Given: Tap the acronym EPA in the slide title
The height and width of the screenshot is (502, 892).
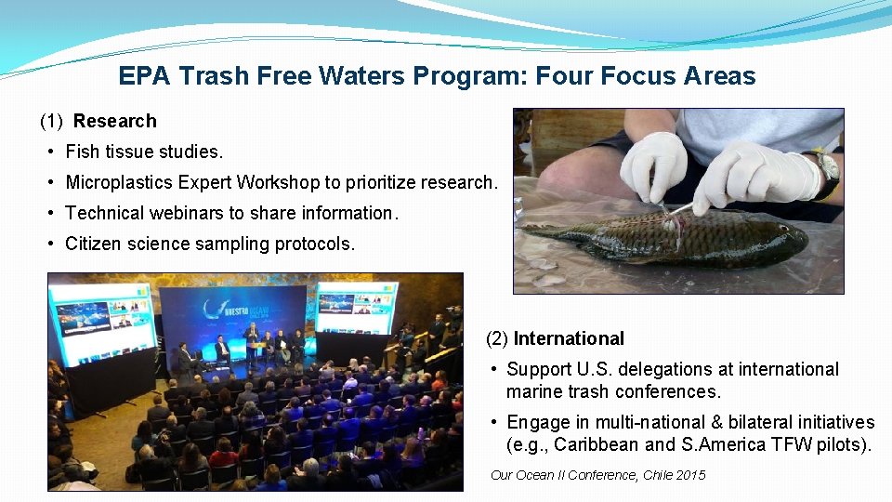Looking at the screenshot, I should click(144, 76).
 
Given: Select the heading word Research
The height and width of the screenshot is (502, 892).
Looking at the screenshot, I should click(115, 121).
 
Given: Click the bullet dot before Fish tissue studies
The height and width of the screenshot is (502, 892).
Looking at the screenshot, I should click(53, 152).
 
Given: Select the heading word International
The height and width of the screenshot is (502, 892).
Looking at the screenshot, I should click(569, 339).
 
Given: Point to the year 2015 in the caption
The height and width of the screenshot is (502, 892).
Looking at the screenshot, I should click(690, 475).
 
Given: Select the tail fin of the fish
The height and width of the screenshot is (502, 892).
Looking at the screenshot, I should click(540, 229).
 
